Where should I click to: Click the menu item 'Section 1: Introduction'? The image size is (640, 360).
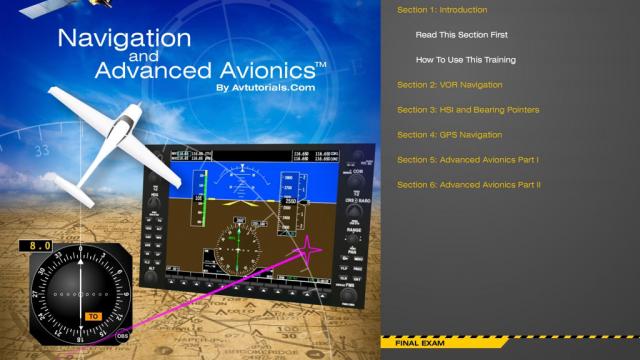[x=442, y=10]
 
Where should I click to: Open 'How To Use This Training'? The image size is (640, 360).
[x=466, y=60]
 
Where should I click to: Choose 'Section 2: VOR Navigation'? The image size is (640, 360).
[x=449, y=85]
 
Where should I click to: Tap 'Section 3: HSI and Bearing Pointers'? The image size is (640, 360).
[x=468, y=109]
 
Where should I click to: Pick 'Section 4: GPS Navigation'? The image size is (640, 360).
[x=449, y=134]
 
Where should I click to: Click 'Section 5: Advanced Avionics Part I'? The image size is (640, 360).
[x=468, y=159]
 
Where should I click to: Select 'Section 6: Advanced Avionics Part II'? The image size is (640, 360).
[x=469, y=184]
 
